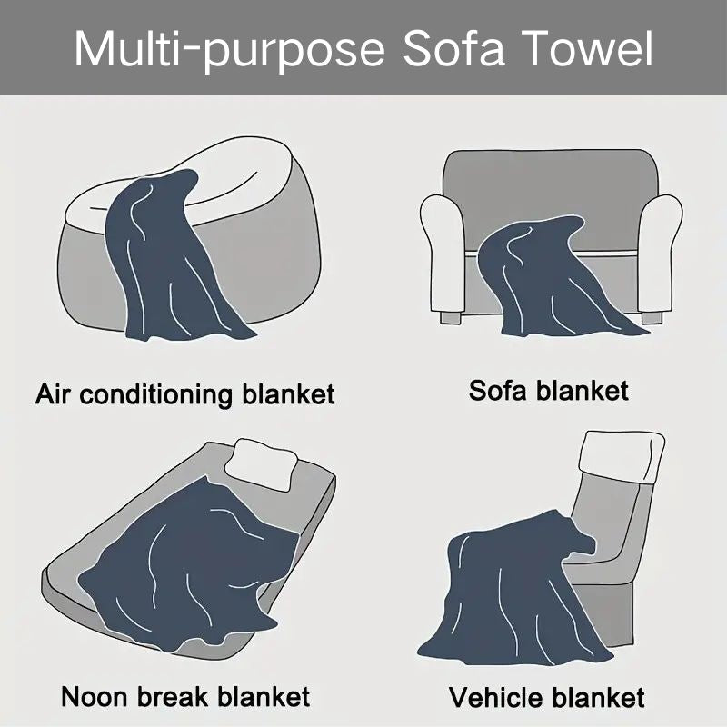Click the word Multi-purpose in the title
point(230,50)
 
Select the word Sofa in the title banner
point(453,48)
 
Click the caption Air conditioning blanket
point(185,394)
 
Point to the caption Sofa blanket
point(549,391)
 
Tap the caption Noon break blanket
point(185,696)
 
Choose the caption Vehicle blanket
point(547,697)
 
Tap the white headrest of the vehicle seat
point(622,458)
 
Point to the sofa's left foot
point(450,317)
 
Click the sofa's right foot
point(652,317)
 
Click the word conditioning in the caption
point(155,395)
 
